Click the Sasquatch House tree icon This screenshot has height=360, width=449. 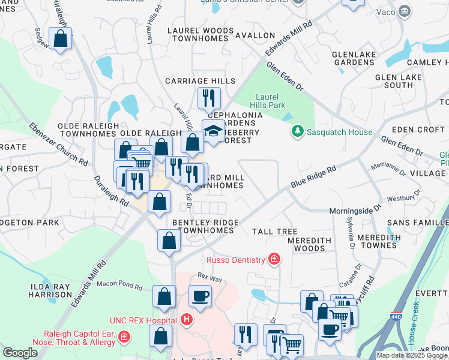297,131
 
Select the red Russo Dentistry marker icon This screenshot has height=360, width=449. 274,259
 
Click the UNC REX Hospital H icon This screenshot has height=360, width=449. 187,320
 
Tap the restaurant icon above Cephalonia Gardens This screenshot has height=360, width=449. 209,97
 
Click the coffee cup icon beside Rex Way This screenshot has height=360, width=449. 200,295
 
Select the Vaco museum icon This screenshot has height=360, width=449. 405,11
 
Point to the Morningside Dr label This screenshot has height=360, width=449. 355,211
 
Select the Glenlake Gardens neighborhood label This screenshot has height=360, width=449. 354,58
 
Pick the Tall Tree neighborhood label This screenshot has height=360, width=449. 274,232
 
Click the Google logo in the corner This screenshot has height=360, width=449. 20,353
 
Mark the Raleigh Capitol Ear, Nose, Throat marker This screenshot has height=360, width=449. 125,338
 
